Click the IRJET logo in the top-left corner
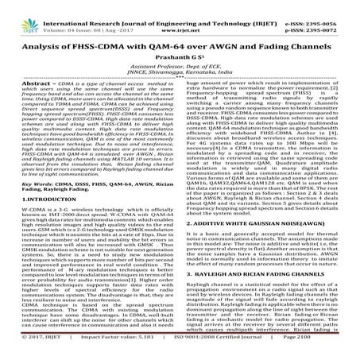tap(23, 10)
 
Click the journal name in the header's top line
tap(179, 6)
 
